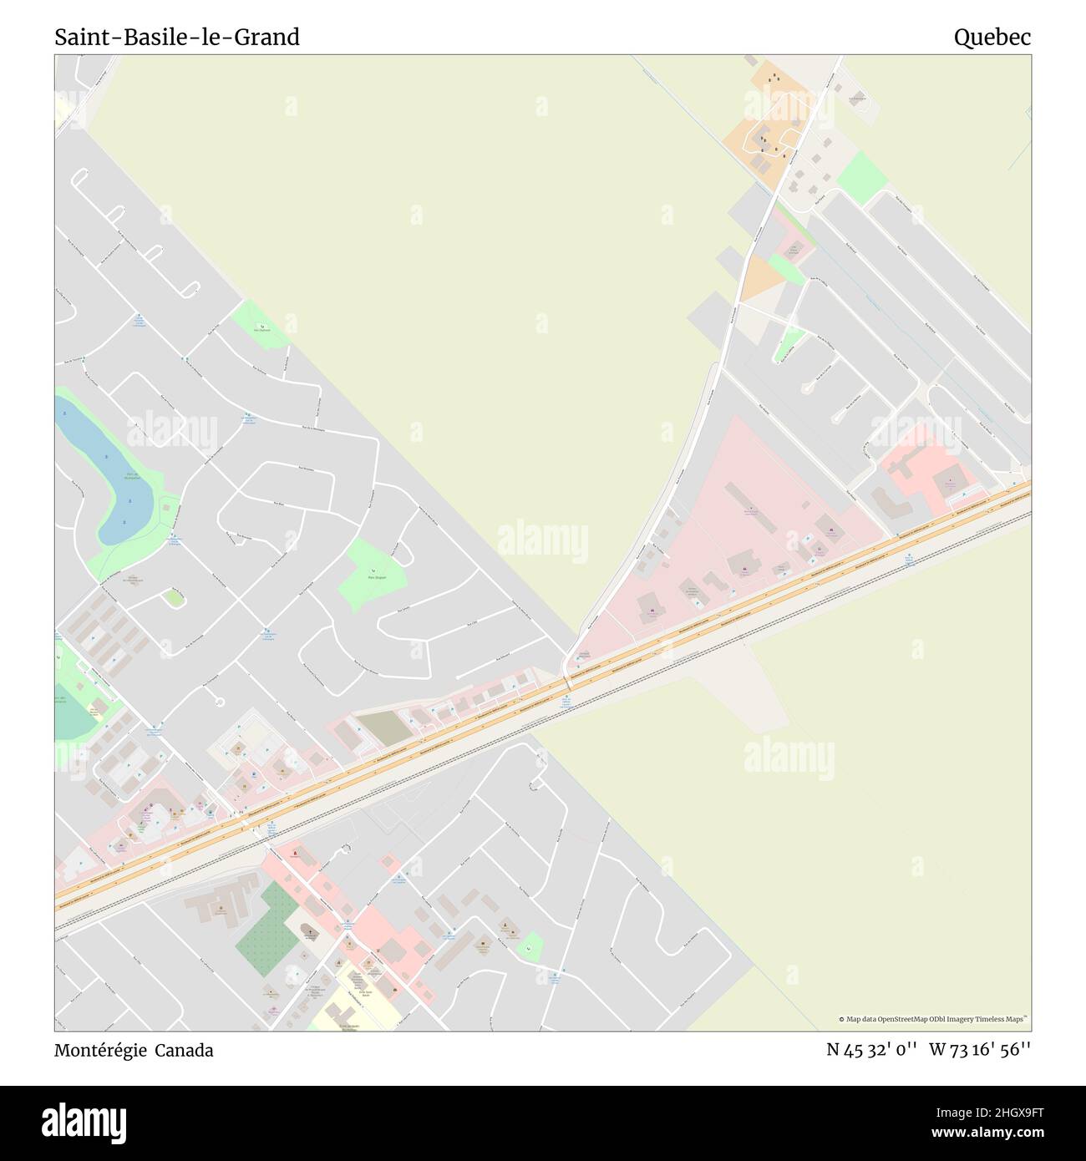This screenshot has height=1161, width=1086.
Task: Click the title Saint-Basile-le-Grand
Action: pos(177,38)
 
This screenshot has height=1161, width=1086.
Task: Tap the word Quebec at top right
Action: pos(992,38)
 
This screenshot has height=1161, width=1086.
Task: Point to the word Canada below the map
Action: pos(188,1051)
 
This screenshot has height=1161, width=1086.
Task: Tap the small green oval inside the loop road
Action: pos(174,597)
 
